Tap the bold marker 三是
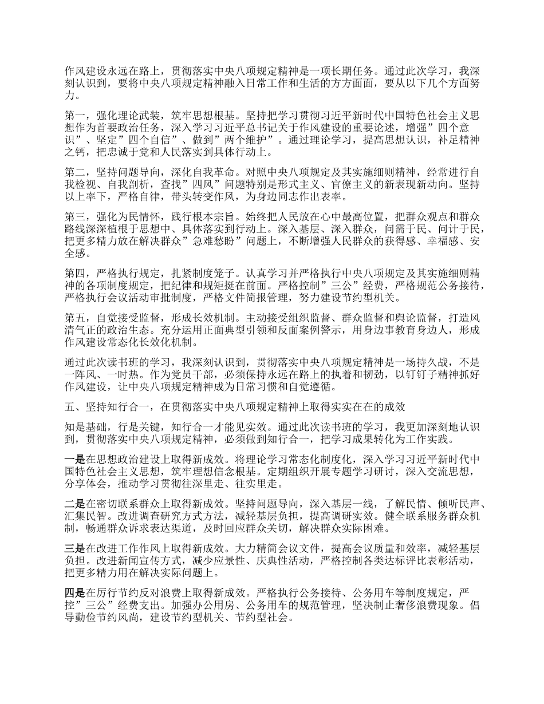coord(74,548)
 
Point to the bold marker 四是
coord(74,592)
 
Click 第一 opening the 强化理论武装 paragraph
coord(74,114)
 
